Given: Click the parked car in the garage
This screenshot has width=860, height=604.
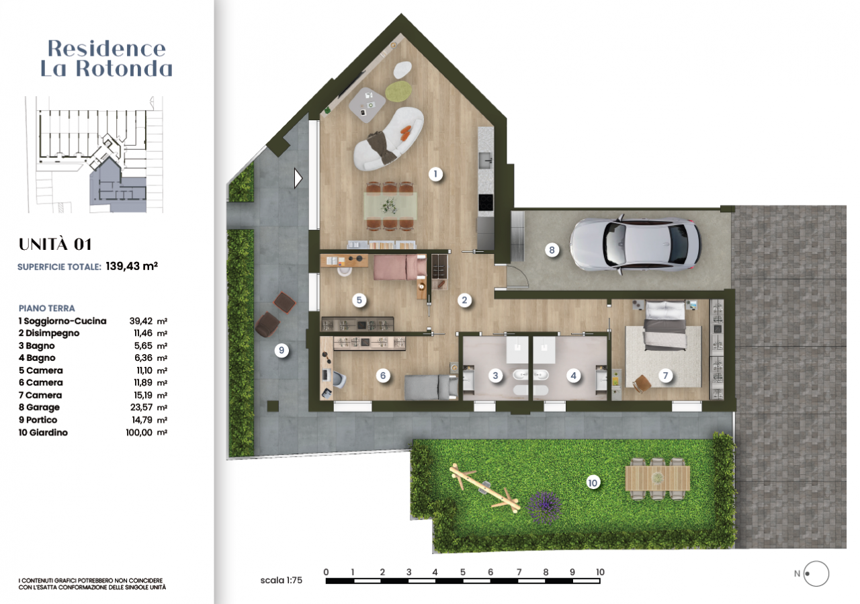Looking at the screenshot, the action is tap(635, 245).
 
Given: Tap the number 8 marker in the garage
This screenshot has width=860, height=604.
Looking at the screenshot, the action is tap(552, 250).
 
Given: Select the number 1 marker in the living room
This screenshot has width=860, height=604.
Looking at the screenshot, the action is tap(435, 174).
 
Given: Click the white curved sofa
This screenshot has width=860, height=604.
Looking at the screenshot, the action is tap(388, 139).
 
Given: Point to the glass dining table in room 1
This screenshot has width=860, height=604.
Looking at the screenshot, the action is tap(390, 206).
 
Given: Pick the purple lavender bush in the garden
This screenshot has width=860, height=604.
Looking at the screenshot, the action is tap(544, 507).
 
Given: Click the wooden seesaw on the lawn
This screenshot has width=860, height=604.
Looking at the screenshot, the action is tap(485, 488).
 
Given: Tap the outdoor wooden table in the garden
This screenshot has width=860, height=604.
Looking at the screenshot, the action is tap(657, 478).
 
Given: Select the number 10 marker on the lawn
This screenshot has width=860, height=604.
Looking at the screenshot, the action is tap(593, 482).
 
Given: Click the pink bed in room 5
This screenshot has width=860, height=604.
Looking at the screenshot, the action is tap(399, 267).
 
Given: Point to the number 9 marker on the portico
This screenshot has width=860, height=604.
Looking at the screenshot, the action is tap(282, 350).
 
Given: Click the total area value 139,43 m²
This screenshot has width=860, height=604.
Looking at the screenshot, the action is tap(132, 265).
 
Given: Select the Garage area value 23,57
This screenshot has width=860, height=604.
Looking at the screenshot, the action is tap(141, 407).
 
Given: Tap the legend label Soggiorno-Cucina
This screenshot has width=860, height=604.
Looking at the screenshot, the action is tap(65, 321).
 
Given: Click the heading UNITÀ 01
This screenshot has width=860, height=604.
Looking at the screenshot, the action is tap(55, 244).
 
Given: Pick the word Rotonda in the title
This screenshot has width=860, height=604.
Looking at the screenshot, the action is tap(124, 69).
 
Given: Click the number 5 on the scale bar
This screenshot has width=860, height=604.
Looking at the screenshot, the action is tap(463, 572).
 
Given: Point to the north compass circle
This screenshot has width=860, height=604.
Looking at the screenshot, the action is tap(816, 574).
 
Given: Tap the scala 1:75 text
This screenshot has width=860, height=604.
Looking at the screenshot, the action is tap(281, 580).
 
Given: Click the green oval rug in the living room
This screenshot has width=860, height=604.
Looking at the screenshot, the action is tap(398, 90).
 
